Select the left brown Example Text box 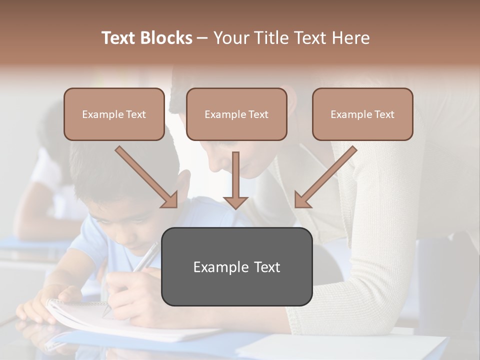click(x=114, y=114)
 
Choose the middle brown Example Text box click(x=236, y=114)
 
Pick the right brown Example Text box click(x=362, y=114)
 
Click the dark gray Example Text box click(x=236, y=266)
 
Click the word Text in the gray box click(x=267, y=267)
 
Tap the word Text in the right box click(x=383, y=114)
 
